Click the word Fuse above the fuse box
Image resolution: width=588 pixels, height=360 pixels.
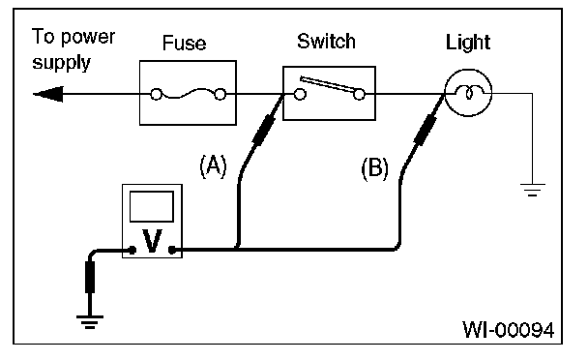click(184, 43)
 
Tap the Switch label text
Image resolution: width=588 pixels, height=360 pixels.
click(326, 41)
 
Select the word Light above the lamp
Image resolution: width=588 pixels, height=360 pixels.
click(468, 42)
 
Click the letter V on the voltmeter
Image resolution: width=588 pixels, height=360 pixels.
click(152, 241)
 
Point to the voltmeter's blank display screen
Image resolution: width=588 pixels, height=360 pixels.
click(152, 206)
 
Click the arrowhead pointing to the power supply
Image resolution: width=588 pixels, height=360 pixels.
click(48, 94)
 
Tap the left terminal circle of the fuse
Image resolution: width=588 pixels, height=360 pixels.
click(156, 94)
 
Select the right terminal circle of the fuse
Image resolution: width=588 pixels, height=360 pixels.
click(220, 94)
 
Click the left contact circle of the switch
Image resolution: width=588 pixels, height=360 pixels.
click(300, 94)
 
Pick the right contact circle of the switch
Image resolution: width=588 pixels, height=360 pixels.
click(359, 94)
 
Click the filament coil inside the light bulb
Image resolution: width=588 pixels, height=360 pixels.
click(469, 92)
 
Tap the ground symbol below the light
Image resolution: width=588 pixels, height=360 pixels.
click(533, 190)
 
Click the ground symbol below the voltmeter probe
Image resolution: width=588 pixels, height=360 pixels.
click(90, 322)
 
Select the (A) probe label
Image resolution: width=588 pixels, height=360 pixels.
click(213, 165)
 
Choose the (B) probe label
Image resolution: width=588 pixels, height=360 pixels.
click(374, 168)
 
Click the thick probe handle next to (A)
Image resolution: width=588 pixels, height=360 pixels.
click(264, 131)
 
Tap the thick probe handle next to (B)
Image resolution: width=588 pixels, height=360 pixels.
click(425, 131)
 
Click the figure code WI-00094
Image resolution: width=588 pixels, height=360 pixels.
click(508, 330)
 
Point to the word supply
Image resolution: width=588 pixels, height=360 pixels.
click(61, 62)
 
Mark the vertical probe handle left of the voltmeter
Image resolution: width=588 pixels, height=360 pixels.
click(90, 277)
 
